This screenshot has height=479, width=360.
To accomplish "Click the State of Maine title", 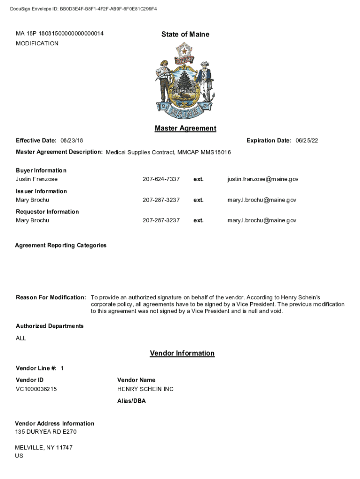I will (185, 34).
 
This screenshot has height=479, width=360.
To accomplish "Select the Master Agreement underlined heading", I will (185, 129).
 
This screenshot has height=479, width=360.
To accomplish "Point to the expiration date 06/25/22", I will (307, 141).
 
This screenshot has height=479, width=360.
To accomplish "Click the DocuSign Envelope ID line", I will (83, 9).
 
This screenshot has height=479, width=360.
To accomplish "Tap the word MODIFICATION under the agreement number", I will (37, 44).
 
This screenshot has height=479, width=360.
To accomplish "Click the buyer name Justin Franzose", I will (37, 179).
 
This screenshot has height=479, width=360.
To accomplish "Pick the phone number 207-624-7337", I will (161, 179).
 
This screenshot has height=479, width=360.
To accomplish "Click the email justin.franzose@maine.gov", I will (263, 179).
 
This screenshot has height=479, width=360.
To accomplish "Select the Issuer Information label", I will (41, 191).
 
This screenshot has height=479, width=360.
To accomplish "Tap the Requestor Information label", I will (47, 212).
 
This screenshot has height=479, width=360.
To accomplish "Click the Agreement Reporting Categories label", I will (61, 245).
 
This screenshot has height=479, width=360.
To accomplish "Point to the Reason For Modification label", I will (51, 298).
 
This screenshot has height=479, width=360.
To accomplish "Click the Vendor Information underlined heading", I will (182, 354).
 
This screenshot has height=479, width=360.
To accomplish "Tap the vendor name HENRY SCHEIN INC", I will (145, 389).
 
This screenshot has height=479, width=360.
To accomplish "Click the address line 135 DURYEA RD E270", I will (46, 432).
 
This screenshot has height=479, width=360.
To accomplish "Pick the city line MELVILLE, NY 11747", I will (44, 448).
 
